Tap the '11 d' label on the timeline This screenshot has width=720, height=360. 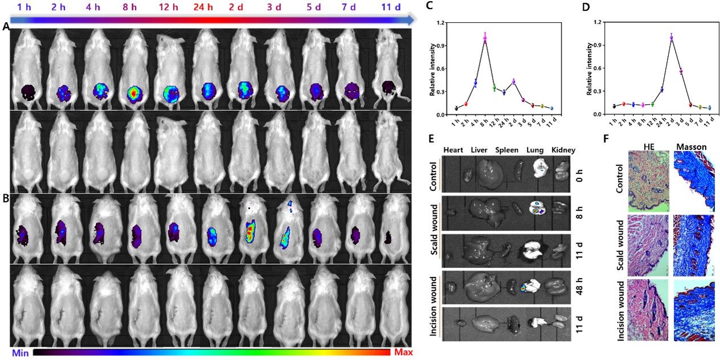391,7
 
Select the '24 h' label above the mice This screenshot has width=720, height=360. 203,7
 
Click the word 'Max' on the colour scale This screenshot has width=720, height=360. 402,352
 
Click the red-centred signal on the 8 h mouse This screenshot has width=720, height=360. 133,92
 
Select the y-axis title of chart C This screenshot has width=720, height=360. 433,68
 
